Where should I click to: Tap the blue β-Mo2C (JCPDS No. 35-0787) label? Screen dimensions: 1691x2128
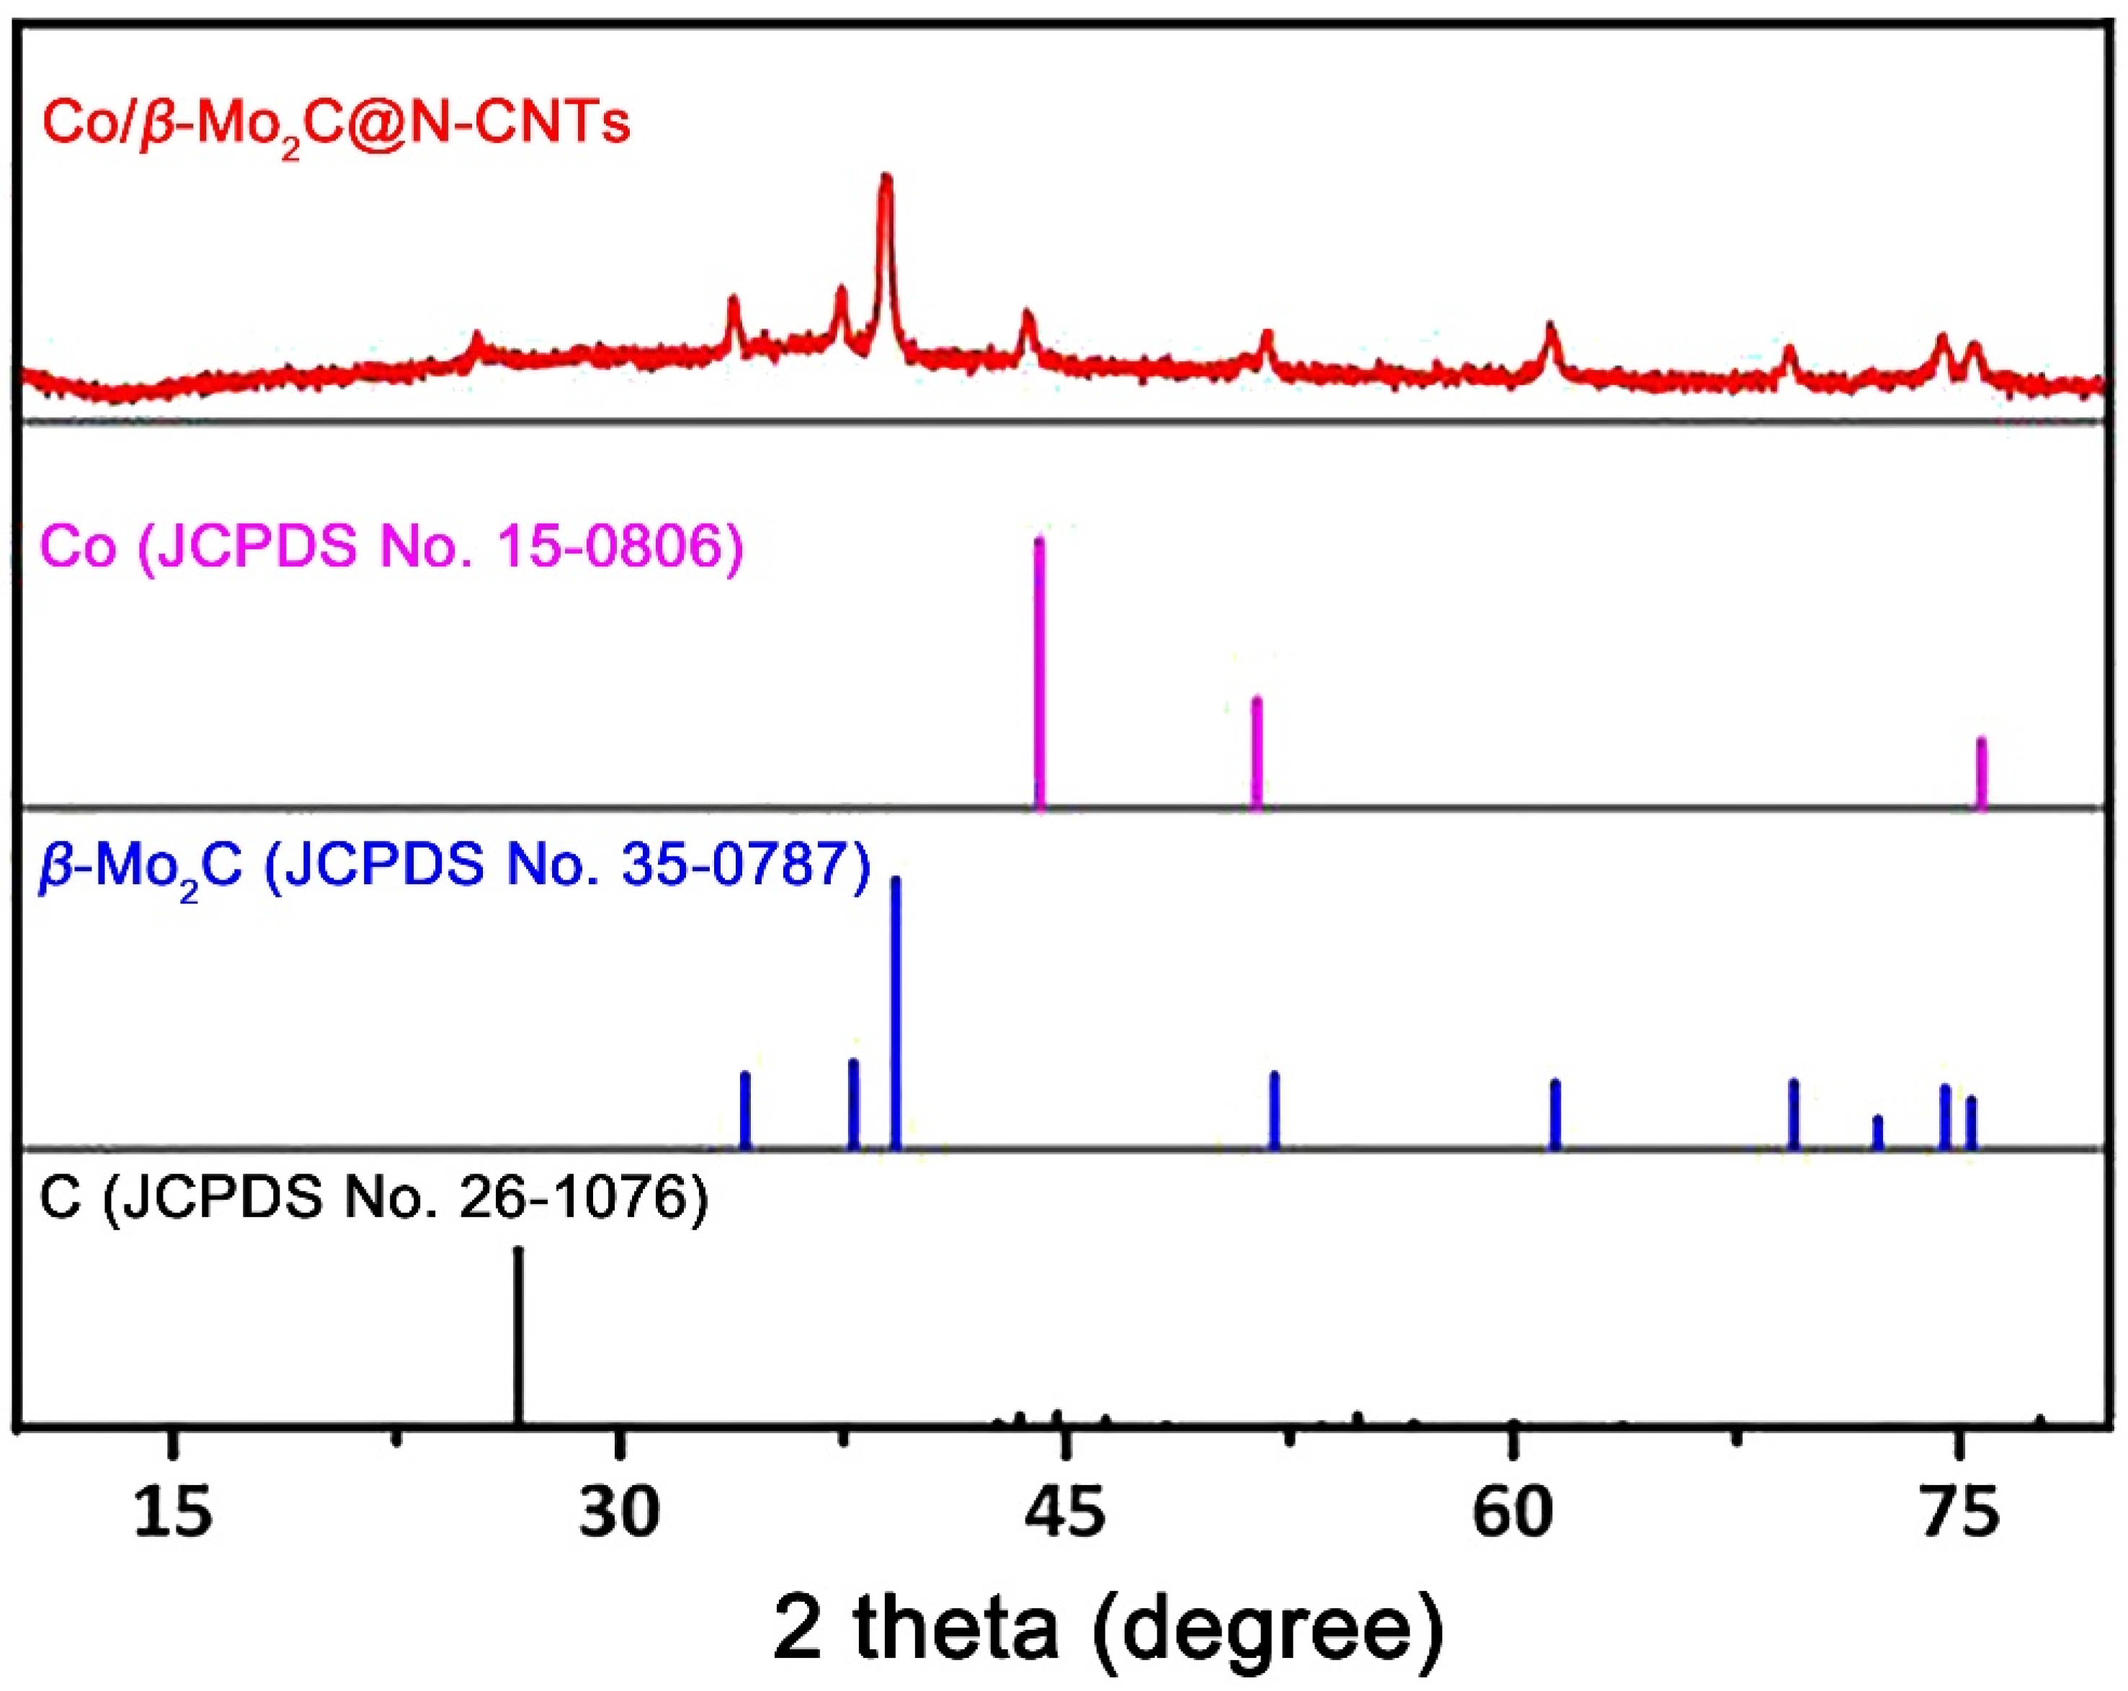tap(454, 866)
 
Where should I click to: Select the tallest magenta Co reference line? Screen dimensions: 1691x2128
tap(1039, 671)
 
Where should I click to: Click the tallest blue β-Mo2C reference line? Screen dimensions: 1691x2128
tap(895, 1012)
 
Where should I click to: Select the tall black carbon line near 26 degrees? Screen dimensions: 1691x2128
tap(517, 1337)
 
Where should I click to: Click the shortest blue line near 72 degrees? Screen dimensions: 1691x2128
tap(1877, 1132)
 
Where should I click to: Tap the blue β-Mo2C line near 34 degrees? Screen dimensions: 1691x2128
tap(745, 1109)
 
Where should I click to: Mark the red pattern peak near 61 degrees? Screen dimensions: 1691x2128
tap(1551, 340)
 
